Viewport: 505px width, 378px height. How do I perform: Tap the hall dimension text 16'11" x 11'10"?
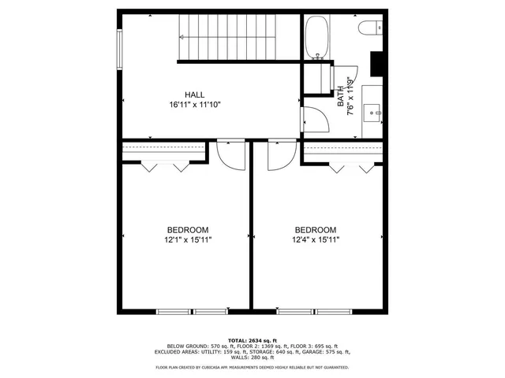193,104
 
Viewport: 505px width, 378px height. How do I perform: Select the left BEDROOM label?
187,230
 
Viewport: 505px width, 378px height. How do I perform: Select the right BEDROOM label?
316,230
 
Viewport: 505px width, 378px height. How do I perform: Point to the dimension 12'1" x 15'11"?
187,240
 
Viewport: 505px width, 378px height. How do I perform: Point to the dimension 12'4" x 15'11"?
316,240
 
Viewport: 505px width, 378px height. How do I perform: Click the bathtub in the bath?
318,38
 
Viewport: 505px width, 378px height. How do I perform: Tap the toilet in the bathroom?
369,29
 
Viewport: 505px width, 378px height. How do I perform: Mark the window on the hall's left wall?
119,50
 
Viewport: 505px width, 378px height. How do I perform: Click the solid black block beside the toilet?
377,63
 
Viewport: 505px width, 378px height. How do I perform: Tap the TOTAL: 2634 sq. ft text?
252,339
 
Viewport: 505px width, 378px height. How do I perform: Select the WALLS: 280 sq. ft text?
252,358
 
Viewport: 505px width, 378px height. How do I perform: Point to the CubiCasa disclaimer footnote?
252,368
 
